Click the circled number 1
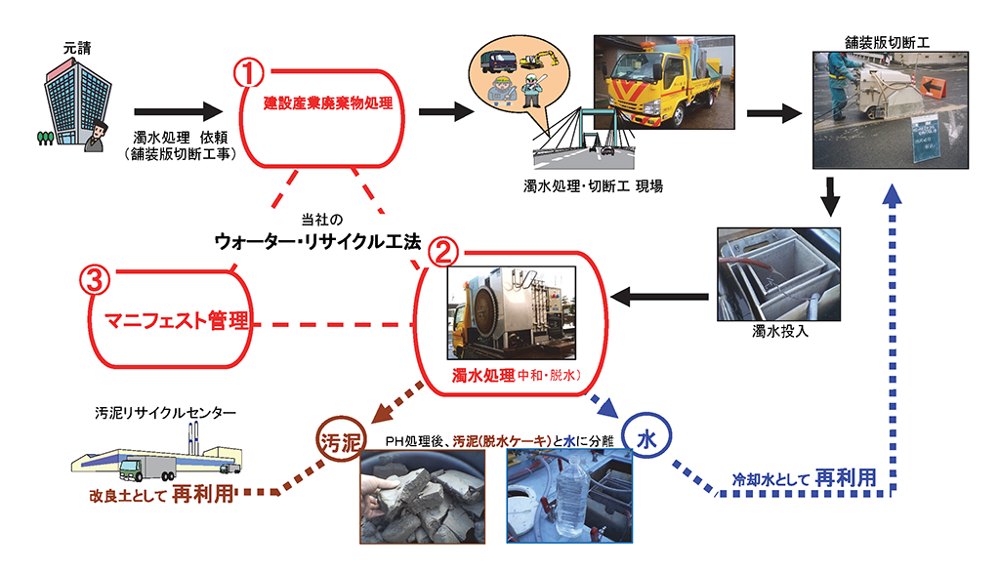coord(252,73)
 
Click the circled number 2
coord(441,253)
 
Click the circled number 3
coord(93,281)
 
